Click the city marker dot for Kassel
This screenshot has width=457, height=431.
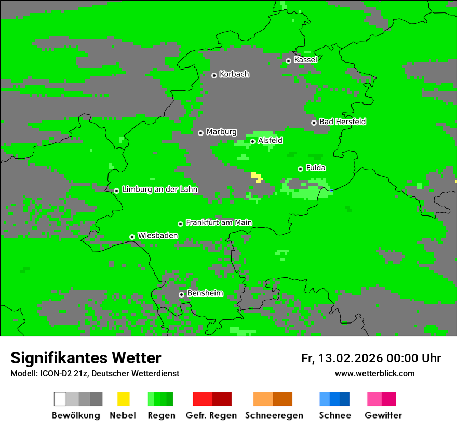click(288, 61)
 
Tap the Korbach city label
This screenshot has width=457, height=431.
click(234, 74)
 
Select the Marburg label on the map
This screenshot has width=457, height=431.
click(221, 132)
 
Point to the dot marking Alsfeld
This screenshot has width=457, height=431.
click(252, 141)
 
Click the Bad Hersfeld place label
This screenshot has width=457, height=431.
click(342, 122)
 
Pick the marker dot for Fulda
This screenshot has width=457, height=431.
click(300, 169)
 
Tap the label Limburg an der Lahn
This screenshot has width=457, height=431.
click(160, 190)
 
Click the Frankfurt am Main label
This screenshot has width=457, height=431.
click(219, 223)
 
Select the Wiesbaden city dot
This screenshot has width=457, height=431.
click(132, 237)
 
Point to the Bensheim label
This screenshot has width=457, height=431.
click(205, 293)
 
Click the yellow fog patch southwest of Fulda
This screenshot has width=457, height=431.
click(256, 177)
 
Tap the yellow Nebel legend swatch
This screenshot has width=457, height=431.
click(123, 399)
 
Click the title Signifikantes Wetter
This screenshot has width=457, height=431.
click(86, 358)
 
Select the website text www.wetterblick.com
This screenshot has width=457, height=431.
click(374, 374)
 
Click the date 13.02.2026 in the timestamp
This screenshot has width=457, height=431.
click(351, 358)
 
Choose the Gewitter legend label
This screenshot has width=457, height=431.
click(383, 415)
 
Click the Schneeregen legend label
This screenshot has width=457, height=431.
click(274, 415)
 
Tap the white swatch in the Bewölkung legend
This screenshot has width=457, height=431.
click(60, 399)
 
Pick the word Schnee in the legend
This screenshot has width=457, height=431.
click(335, 415)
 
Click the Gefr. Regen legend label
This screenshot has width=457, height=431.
click(211, 415)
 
